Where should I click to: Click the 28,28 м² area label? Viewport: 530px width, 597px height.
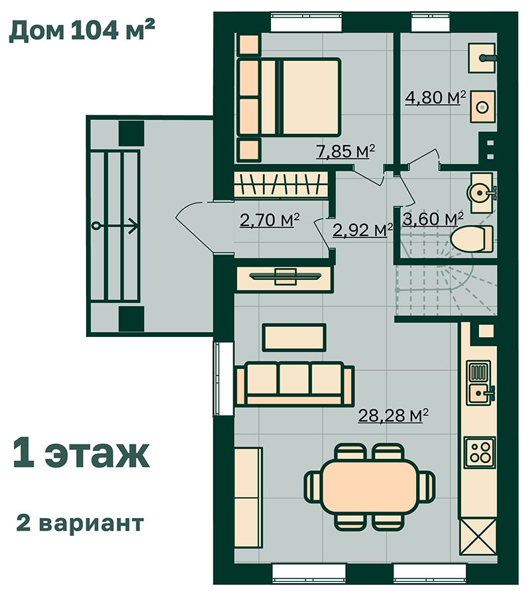393,415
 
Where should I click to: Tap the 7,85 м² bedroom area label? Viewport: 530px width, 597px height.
346,151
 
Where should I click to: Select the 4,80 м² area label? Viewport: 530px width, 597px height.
435,98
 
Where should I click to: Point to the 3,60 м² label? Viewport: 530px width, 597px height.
433,219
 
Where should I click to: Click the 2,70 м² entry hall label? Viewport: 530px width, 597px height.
270,220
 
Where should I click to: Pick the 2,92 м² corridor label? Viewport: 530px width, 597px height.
362,230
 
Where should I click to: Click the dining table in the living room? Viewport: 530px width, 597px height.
370,487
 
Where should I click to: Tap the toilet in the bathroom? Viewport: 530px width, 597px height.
472,239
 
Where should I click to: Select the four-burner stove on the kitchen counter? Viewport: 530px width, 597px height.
480,452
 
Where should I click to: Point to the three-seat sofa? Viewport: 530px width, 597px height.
295,383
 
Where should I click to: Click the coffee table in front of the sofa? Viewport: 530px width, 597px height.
295,338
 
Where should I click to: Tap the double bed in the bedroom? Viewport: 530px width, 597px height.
289,97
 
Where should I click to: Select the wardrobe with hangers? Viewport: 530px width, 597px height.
281,184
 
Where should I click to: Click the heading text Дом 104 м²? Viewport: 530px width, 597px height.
81,30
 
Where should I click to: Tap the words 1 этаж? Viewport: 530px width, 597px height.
81,454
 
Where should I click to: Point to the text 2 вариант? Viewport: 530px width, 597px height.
80,523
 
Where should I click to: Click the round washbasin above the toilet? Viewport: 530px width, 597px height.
480,192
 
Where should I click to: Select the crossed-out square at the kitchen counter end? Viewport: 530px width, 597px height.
478,537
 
